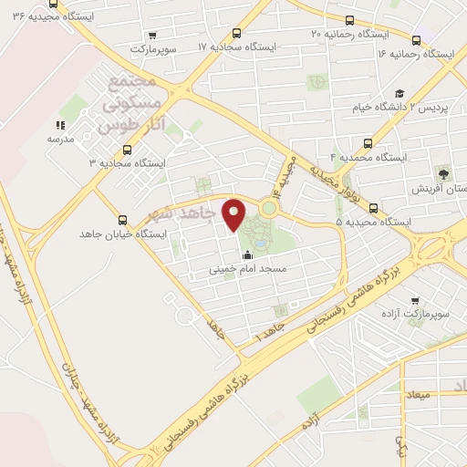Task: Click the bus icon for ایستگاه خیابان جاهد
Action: click(x=122, y=220)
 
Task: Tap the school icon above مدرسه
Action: click(x=60, y=125)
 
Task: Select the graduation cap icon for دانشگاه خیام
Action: click(x=400, y=93)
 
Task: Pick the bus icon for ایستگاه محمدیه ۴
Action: click(x=368, y=142)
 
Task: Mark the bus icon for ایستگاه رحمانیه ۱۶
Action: click(x=417, y=39)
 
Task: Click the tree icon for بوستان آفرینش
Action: click(x=444, y=172)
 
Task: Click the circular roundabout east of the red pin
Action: click(x=268, y=208)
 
